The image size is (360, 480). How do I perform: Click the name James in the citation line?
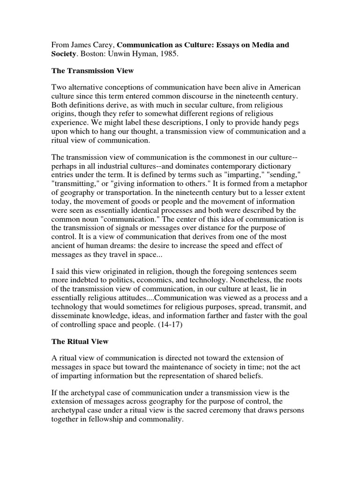click(80, 45)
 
